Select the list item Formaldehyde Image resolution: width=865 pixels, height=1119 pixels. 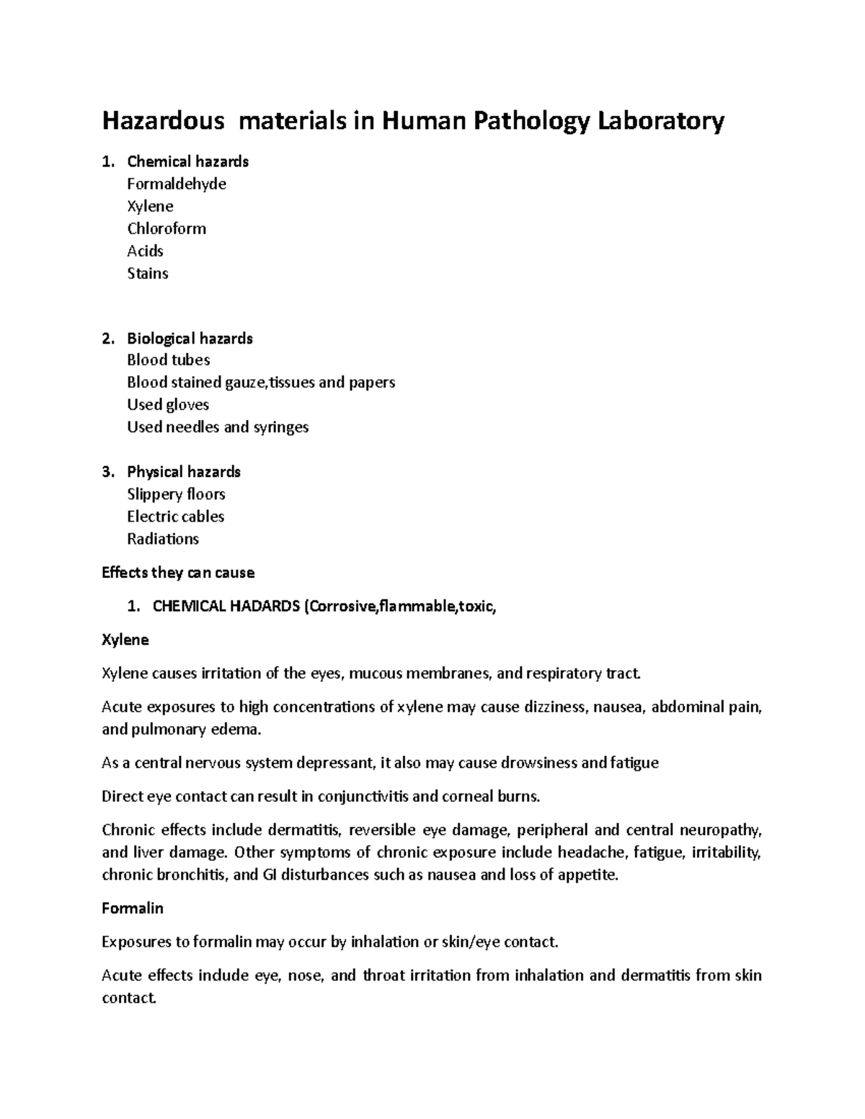(177, 184)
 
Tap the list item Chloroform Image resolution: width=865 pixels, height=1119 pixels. (167, 229)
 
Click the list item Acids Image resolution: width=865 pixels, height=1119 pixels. (145, 251)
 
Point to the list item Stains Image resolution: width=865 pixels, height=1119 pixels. (147, 274)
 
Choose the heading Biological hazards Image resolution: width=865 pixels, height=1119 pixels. (190, 339)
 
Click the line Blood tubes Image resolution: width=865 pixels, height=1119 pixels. (168, 360)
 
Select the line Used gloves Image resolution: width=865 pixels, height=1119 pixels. (168, 405)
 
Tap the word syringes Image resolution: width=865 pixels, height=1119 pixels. (280, 427)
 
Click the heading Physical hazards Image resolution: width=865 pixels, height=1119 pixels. (184, 472)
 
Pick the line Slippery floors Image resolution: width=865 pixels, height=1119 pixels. (176, 494)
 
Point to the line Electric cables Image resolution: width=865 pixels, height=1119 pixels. (175, 517)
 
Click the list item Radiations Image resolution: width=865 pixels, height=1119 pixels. (163, 539)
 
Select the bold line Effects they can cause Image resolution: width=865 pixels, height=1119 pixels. (178, 573)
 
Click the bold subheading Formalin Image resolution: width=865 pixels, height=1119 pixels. (133, 909)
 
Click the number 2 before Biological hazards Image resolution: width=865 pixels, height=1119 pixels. (107, 339)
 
